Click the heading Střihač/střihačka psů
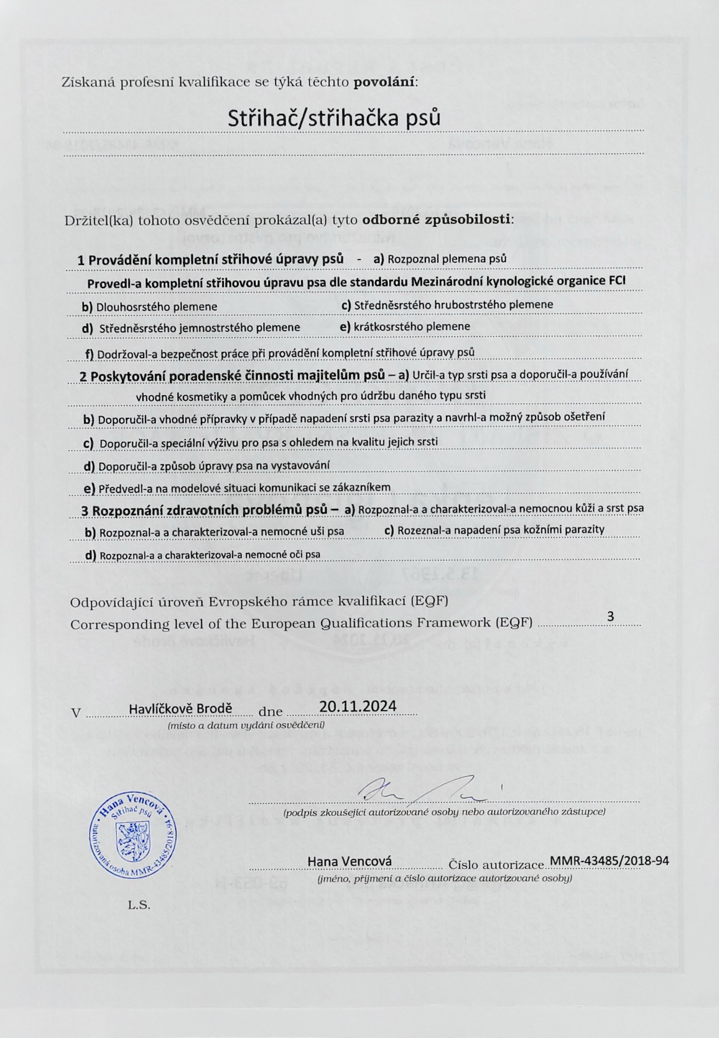334,118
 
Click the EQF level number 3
610,616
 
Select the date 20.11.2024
357,707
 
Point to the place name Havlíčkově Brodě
181,708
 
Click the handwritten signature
422,791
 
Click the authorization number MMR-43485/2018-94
609,861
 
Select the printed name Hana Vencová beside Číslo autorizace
350,861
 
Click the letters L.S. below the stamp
139,905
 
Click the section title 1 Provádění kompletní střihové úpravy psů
210,259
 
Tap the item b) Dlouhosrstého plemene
149,307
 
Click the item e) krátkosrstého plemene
405,327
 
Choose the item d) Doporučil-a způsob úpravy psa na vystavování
207,465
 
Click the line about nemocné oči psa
202,555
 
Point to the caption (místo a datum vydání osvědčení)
246,725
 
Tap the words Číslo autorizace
495,865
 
